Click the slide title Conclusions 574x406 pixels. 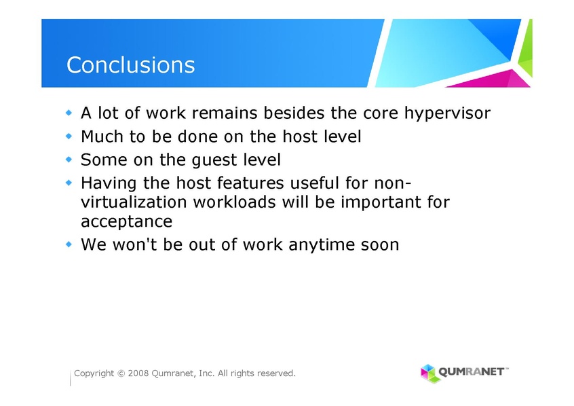click(131, 65)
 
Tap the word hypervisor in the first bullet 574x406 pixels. click(447, 113)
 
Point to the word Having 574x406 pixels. click(109, 183)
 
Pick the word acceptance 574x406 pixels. click(126, 222)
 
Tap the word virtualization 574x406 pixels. click(134, 202)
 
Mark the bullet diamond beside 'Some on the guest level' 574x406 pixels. click(69, 159)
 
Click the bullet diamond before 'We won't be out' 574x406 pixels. click(69, 244)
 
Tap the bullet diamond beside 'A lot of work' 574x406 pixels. click(69, 112)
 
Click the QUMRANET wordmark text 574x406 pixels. click(471, 372)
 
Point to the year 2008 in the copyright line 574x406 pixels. click(138, 373)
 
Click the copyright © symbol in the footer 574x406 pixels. click(121, 374)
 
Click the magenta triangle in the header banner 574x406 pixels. click(493, 79)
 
